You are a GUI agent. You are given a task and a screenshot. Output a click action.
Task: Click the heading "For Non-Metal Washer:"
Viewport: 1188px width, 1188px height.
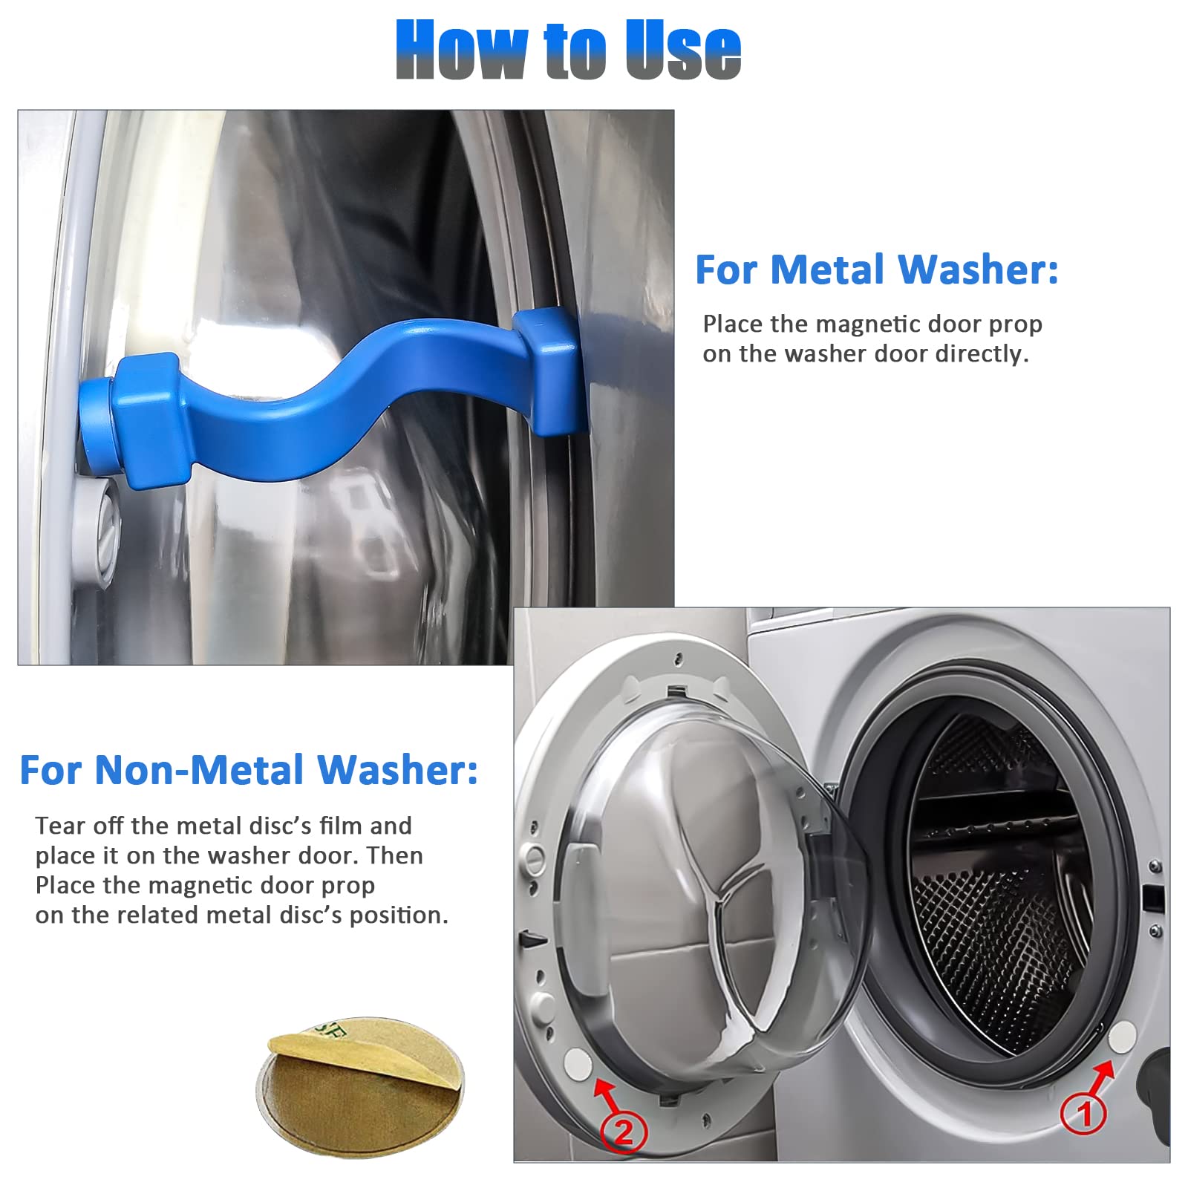coord(249,770)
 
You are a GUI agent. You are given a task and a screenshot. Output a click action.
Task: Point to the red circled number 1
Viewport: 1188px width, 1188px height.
coord(1083,1114)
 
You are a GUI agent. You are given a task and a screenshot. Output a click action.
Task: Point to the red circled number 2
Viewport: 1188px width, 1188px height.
coord(624,1132)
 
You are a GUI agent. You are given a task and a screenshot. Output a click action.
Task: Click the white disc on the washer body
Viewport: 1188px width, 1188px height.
coord(1122,1037)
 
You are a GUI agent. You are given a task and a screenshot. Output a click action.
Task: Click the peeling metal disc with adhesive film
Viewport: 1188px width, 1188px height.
coord(360,1085)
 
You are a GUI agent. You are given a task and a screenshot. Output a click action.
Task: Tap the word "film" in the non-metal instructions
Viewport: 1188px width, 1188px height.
coord(340,826)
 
